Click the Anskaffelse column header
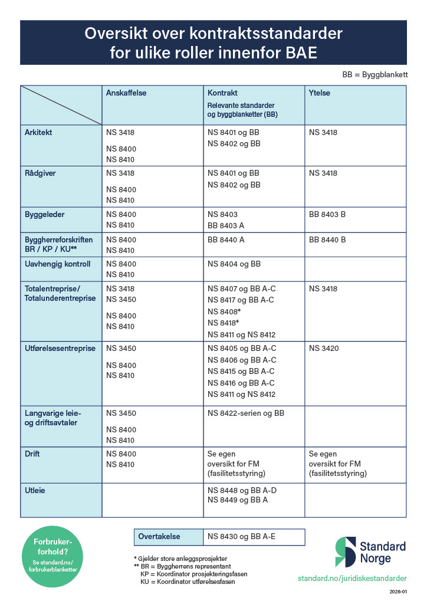point(126,93)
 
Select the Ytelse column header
point(319,93)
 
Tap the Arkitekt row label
point(38,133)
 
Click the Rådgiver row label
point(40,173)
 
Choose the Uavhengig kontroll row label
point(58,264)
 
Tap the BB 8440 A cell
point(226,239)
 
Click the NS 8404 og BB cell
point(234,264)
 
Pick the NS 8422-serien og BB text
point(246,413)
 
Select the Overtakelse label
point(159,537)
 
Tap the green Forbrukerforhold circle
point(53,556)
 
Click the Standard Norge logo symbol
point(346,552)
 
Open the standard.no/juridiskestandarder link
point(352,580)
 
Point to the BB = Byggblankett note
point(375,75)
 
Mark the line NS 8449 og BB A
point(238,501)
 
